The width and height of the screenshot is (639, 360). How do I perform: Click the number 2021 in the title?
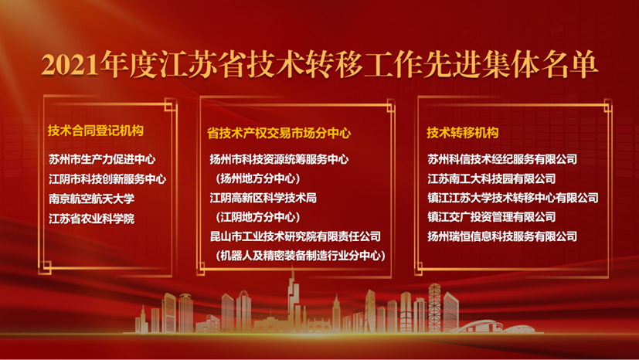[x=70, y=65]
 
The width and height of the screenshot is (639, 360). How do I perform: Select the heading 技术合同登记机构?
[x=96, y=131]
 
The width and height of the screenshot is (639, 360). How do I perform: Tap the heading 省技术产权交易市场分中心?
[x=279, y=133]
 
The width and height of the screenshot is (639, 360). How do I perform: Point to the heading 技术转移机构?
[x=463, y=132]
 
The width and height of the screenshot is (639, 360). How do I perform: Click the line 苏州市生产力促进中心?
[x=102, y=159]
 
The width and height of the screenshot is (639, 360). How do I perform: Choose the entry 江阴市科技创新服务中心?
[x=107, y=178]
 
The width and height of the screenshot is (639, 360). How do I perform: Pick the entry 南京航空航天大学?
[x=92, y=199]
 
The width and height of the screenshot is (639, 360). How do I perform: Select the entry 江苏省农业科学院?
[x=92, y=219]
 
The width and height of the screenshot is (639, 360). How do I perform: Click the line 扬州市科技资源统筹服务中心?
[x=279, y=159]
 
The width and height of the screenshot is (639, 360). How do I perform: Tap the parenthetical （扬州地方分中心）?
[x=258, y=178]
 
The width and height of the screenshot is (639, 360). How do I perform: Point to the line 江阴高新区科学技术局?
[x=263, y=198]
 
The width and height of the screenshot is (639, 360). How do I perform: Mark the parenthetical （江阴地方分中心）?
[x=258, y=217]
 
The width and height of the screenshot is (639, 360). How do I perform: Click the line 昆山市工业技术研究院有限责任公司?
[x=295, y=236]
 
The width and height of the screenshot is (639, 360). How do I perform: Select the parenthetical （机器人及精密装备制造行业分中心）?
[x=301, y=256]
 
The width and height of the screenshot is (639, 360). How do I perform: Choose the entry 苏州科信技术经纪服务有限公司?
[x=502, y=159]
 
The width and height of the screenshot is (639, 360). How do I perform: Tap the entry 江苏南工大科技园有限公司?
[x=491, y=178]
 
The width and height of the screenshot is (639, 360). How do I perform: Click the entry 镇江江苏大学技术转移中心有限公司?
[x=513, y=198]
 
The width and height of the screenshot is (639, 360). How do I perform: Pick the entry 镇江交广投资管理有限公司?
[x=491, y=217]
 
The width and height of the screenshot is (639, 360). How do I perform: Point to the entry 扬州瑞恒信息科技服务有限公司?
[x=502, y=236]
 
